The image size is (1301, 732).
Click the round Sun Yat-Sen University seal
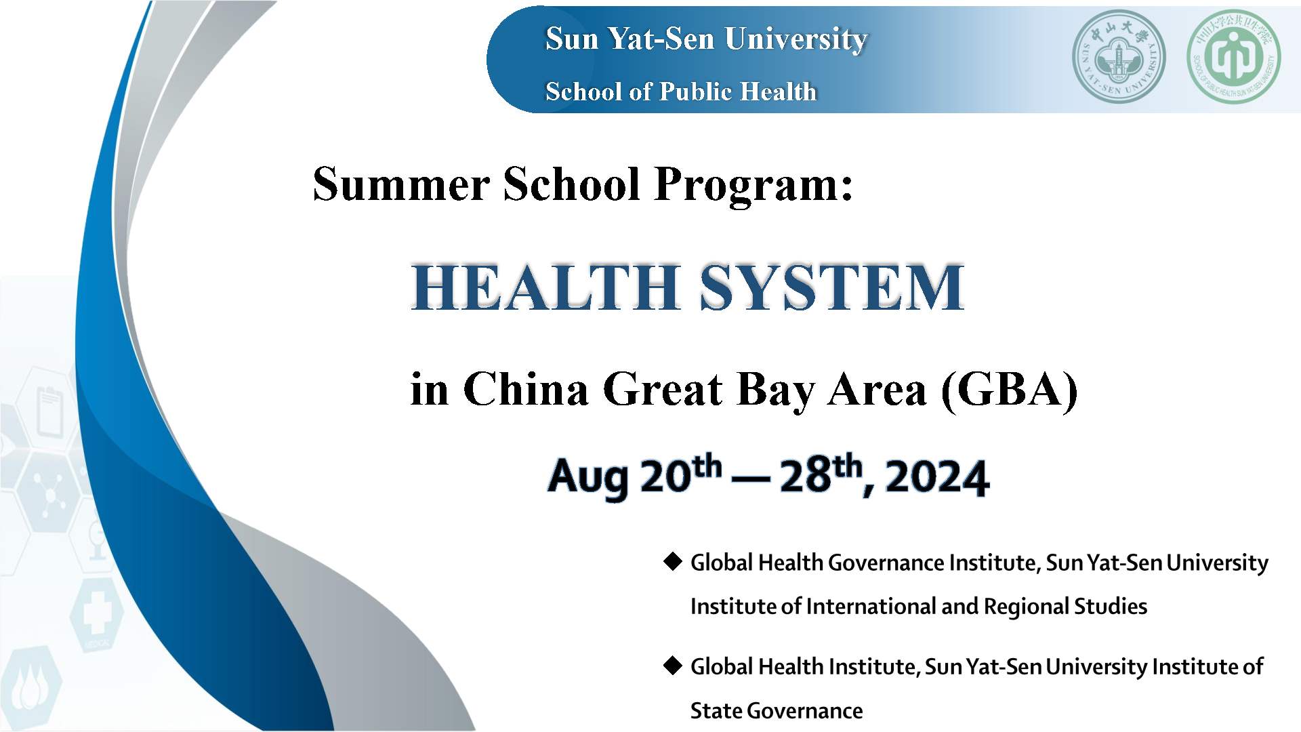click(1119, 57)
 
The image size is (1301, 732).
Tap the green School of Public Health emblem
click(1234, 57)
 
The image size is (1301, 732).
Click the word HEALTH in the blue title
click(545, 287)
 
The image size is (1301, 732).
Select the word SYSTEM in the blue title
click(831, 287)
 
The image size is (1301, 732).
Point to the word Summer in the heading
click(401, 184)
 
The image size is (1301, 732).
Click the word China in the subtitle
click(526, 390)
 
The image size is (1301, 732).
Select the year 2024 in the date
click(937, 477)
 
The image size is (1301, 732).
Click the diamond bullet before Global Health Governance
click(672, 561)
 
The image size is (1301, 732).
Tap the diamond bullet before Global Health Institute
click(672, 666)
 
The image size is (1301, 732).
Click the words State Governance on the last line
click(777, 711)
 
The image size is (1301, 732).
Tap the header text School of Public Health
click(681, 91)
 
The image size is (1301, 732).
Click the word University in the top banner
click(796, 39)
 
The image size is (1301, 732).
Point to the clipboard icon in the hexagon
click(49, 411)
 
